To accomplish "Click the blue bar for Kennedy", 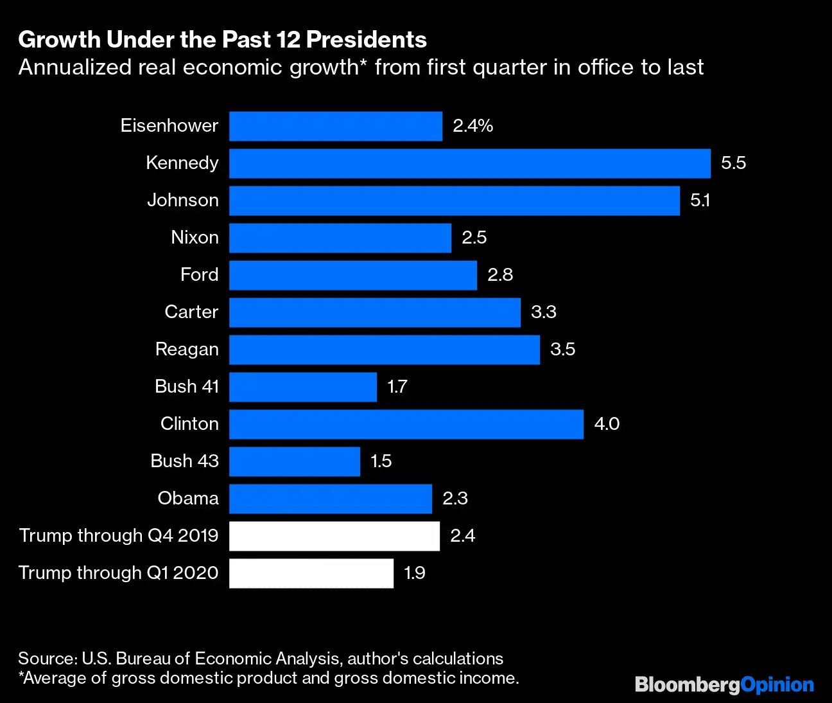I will (469, 163).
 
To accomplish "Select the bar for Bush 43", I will (294, 461).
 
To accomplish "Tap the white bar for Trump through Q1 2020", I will (311, 573).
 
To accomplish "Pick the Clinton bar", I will (406, 424).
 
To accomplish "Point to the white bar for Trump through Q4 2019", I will (334, 536).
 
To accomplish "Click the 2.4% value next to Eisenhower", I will (472, 126).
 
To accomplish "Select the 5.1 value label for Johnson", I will (700, 200).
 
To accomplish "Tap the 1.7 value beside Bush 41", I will (397, 387).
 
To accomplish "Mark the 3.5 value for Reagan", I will (562, 350).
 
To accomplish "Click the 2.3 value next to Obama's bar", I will (455, 499).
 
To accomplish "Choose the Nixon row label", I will (195, 238).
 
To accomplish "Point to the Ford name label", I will (199, 275).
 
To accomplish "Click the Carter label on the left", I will (191, 312).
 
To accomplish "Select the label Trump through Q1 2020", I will (118, 573).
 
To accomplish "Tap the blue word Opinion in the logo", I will (777, 685).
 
